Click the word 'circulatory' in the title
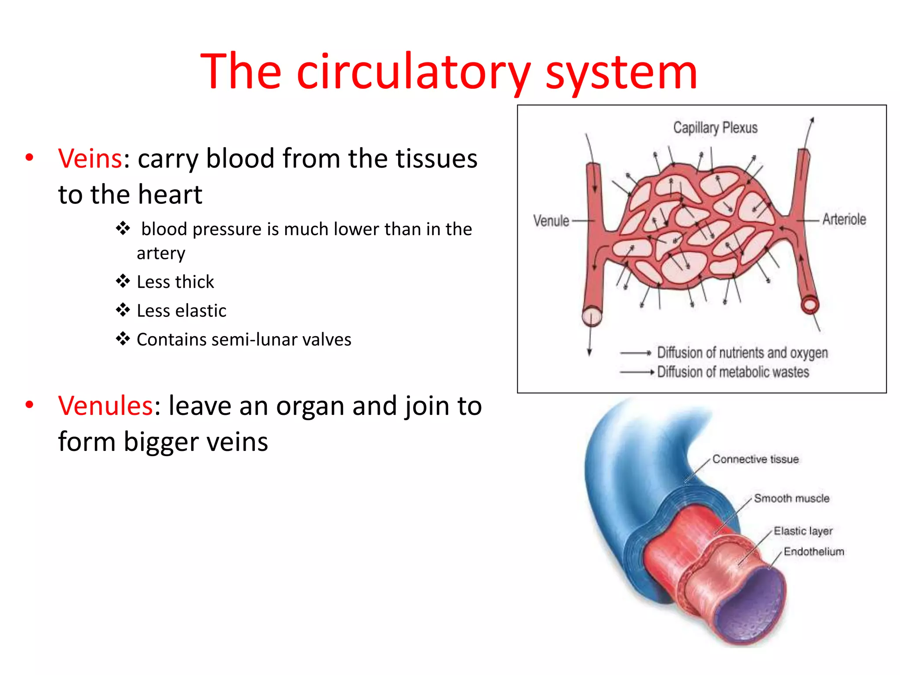click(x=414, y=72)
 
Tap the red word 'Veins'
click(x=90, y=159)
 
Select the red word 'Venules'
click(x=105, y=406)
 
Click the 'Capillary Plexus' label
click(x=715, y=128)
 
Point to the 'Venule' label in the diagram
click(x=551, y=221)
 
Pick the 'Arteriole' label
click(x=844, y=219)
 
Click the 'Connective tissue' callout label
click(x=755, y=459)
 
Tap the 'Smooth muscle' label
click(x=791, y=498)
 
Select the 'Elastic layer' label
click(x=803, y=531)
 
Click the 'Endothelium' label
click(x=814, y=552)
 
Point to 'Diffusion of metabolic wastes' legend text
click(x=733, y=372)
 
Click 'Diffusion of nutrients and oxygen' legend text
click(x=742, y=353)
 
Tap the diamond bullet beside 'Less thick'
click(x=123, y=281)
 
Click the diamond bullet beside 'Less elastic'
click(x=123, y=310)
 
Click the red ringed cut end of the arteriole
click(x=809, y=305)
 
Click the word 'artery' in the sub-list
click(x=161, y=254)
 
